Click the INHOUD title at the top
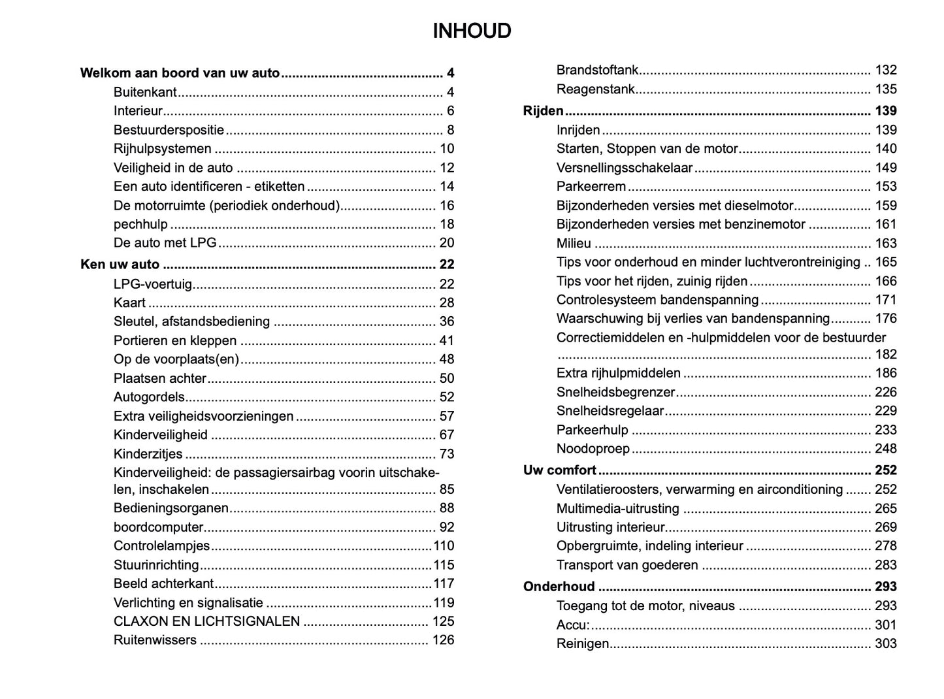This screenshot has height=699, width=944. pyautogui.click(x=472, y=31)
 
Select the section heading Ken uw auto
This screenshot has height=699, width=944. pyautogui.click(x=120, y=265)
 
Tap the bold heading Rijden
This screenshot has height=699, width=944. pyautogui.click(x=543, y=111)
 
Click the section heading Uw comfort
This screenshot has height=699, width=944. pyautogui.click(x=560, y=470)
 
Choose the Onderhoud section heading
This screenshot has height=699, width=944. pyautogui.click(x=559, y=587)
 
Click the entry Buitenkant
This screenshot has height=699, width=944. pyautogui.click(x=145, y=92)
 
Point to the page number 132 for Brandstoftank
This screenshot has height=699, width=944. pyautogui.click(x=886, y=70)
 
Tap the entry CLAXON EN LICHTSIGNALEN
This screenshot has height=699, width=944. pyautogui.click(x=206, y=621)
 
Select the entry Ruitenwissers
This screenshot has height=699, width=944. pyautogui.click(x=155, y=640)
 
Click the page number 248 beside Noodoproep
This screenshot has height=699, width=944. pyautogui.click(x=886, y=449)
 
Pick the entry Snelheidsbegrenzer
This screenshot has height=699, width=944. pyautogui.click(x=615, y=393)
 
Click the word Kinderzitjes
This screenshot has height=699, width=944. pyautogui.click(x=148, y=454)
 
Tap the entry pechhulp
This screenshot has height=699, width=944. pyautogui.click(x=140, y=224)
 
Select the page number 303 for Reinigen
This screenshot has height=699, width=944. pyautogui.click(x=886, y=643)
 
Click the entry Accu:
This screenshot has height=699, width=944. pyautogui.click(x=572, y=625)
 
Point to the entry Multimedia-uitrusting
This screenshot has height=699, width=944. pyautogui.click(x=617, y=509)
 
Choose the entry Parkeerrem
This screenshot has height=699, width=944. pyautogui.click(x=591, y=187)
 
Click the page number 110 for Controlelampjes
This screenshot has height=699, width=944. pyautogui.click(x=444, y=546)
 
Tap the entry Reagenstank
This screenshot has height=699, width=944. pyautogui.click(x=595, y=89)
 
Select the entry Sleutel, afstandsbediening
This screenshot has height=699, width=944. pyautogui.click(x=191, y=321)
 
